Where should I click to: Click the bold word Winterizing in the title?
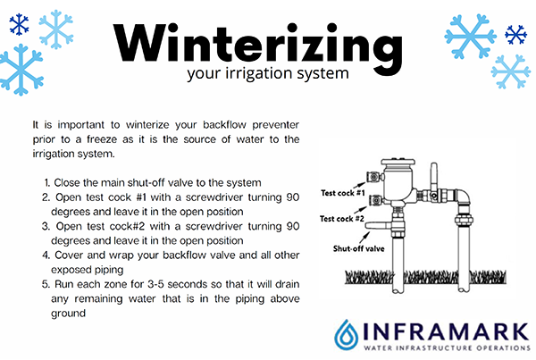point(258,46)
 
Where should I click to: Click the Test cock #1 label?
point(343,193)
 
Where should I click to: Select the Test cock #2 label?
point(342,219)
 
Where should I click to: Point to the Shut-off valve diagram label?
point(358,248)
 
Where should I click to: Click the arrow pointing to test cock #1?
point(359,184)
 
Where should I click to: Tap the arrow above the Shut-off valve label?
point(364,237)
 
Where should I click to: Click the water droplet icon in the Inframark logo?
point(347,335)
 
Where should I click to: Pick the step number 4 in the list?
point(46,255)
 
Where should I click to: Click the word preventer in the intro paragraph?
point(275,125)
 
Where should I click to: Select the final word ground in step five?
point(68,314)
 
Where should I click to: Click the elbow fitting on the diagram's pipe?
point(463,197)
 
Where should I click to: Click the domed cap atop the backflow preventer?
point(398,163)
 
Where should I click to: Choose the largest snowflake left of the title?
point(21,70)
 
